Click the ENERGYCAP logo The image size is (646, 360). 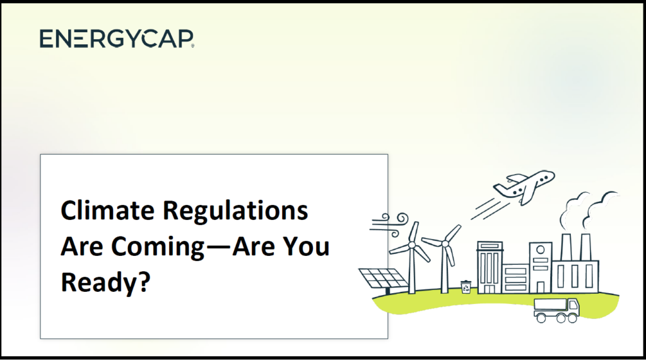click(117, 38)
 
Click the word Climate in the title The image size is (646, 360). click(107, 210)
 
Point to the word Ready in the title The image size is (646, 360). click(99, 283)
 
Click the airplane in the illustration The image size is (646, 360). click(524, 186)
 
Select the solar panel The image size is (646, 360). click(383, 279)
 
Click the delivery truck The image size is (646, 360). click(556, 310)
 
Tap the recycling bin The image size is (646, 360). click(466, 286)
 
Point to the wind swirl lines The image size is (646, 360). click(389, 224)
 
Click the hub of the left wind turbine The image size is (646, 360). click(411, 245)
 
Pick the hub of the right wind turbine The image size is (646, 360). click(445, 244)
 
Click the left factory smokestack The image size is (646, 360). click(566, 247)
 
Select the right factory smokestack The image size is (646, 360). click(585, 247)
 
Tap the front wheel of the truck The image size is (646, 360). click(572, 318)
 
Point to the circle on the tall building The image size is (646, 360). click(541, 249)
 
